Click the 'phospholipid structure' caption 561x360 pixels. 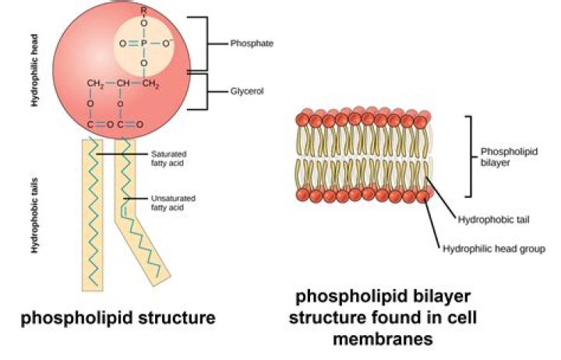(x=117, y=319)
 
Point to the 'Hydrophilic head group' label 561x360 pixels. (x=493, y=249)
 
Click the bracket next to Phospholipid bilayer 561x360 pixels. (x=470, y=156)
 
